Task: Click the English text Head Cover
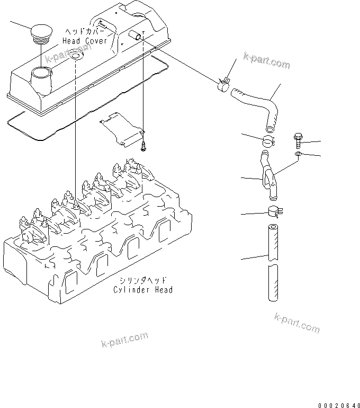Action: pyautogui.click(x=85, y=41)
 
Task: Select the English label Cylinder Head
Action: pyautogui.click(x=143, y=290)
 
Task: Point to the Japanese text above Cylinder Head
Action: pyautogui.click(x=143, y=281)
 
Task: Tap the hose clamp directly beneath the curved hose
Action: pyautogui.click(x=269, y=141)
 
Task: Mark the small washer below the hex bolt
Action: pyautogui.click(x=298, y=154)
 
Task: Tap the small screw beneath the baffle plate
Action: pyautogui.click(x=143, y=146)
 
